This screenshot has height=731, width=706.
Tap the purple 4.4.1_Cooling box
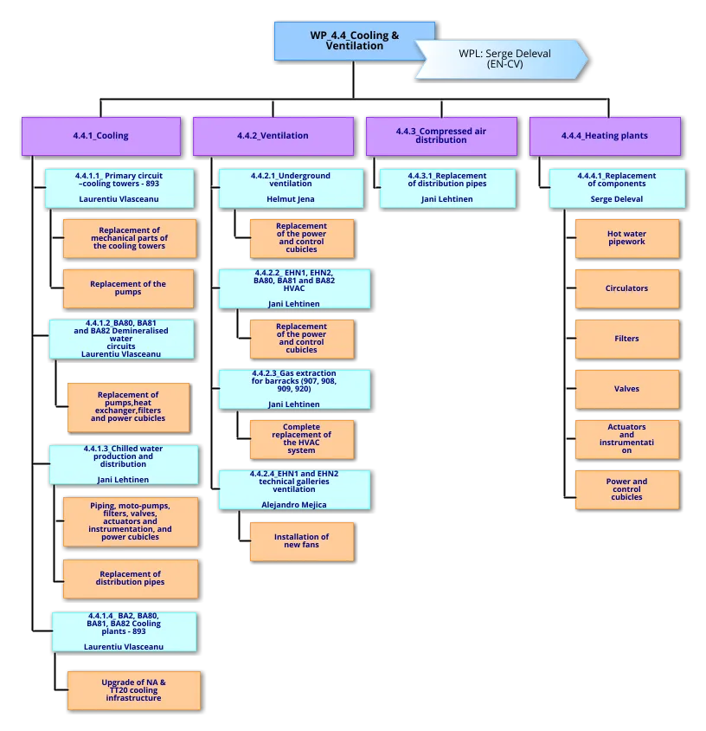(101, 136)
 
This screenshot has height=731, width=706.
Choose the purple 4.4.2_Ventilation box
(273, 136)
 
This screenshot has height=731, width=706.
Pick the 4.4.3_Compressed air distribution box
(440, 135)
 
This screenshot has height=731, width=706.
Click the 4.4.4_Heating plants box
(604, 136)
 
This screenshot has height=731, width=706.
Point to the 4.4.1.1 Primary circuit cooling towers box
(119, 187)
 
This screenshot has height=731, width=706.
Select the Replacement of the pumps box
(128, 288)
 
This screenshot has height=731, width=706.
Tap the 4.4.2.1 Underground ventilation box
(291, 187)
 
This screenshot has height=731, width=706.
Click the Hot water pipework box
(626, 238)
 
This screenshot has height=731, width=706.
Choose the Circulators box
(626, 288)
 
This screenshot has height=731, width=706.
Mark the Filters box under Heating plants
(626, 339)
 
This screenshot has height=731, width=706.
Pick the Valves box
(626, 389)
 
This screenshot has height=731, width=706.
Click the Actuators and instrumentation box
(626, 439)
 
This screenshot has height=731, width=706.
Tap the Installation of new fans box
(301, 540)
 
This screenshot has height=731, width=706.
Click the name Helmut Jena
(291, 199)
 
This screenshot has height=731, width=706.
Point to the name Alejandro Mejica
(294, 504)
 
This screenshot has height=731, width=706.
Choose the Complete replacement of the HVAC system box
(301, 439)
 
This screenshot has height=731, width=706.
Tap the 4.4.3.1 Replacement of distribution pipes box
(447, 187)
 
